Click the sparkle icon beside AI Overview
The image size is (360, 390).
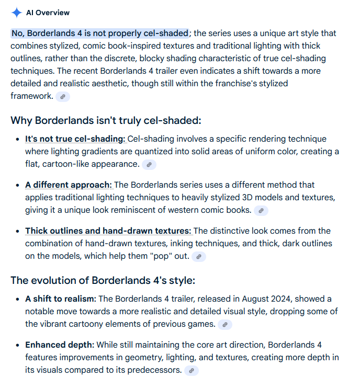[x=17, y=13]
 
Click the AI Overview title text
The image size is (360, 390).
[x=49, y=13]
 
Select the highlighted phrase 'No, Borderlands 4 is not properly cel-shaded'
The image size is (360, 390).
[x=99, y=33]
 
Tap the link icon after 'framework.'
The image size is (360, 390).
[x=63, y=97]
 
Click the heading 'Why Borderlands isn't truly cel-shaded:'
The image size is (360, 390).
[x=106, y=121]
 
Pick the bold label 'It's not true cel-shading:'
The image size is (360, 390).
[x=75, y=139]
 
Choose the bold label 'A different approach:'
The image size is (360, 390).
[x=68, y=185]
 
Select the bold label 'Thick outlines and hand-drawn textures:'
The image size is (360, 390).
[x=108, y=231]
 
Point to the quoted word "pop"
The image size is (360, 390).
[x=159, y=256]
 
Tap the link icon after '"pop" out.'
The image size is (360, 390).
[x=199, y=257]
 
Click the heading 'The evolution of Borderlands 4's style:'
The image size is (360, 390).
[x=103, y=280]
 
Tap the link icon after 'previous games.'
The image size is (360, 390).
[x=225, y=325]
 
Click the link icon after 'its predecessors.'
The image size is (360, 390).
[x=192, y=371]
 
